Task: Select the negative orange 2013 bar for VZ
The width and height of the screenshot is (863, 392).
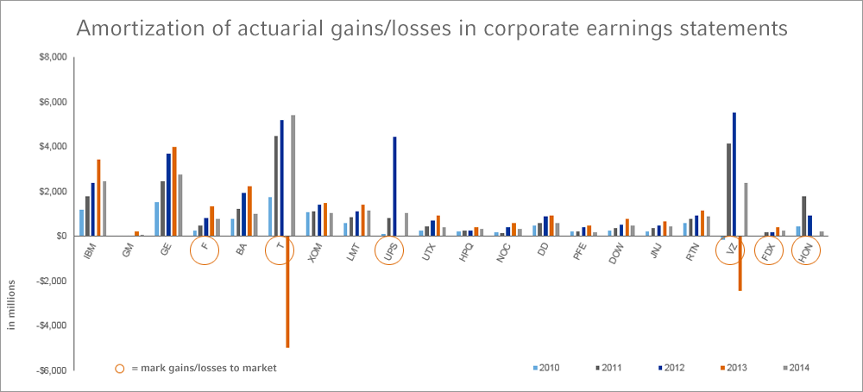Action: pos(740,263)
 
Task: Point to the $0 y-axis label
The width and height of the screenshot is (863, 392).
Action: pos(60,236)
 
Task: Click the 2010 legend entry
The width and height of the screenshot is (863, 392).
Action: pos(545,368)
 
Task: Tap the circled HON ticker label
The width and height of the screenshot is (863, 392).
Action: pos(805,251)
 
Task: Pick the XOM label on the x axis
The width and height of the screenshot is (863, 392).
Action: pos(313,250)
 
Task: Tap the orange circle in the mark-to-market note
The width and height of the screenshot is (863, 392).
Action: pos(119,368)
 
